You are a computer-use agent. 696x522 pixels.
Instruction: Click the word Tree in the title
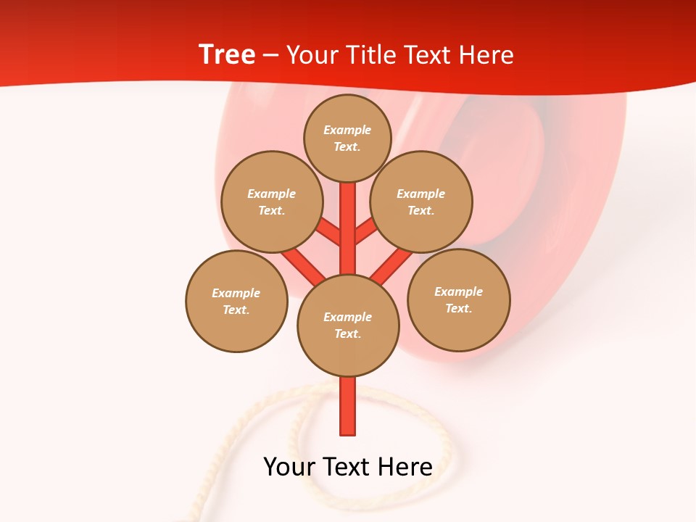tap(226, 54)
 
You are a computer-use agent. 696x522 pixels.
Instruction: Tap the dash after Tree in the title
tap(271, 55)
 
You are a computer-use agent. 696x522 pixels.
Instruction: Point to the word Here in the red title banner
tap(488, 55)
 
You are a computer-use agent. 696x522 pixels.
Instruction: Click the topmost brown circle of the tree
tap(347, 138)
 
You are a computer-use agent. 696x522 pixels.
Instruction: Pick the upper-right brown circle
tap(421, 202)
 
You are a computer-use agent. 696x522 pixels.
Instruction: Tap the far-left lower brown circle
tap(236, 301)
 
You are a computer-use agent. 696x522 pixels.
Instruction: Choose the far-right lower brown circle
tap(459, 299)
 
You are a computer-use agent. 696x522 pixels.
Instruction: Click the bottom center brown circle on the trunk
tap(348, 325)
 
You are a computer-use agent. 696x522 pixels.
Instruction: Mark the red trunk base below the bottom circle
tap(348, 406)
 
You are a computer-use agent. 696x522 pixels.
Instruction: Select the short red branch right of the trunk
tap(365, 231)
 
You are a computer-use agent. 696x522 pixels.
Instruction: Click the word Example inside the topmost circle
tap(347, 130)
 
